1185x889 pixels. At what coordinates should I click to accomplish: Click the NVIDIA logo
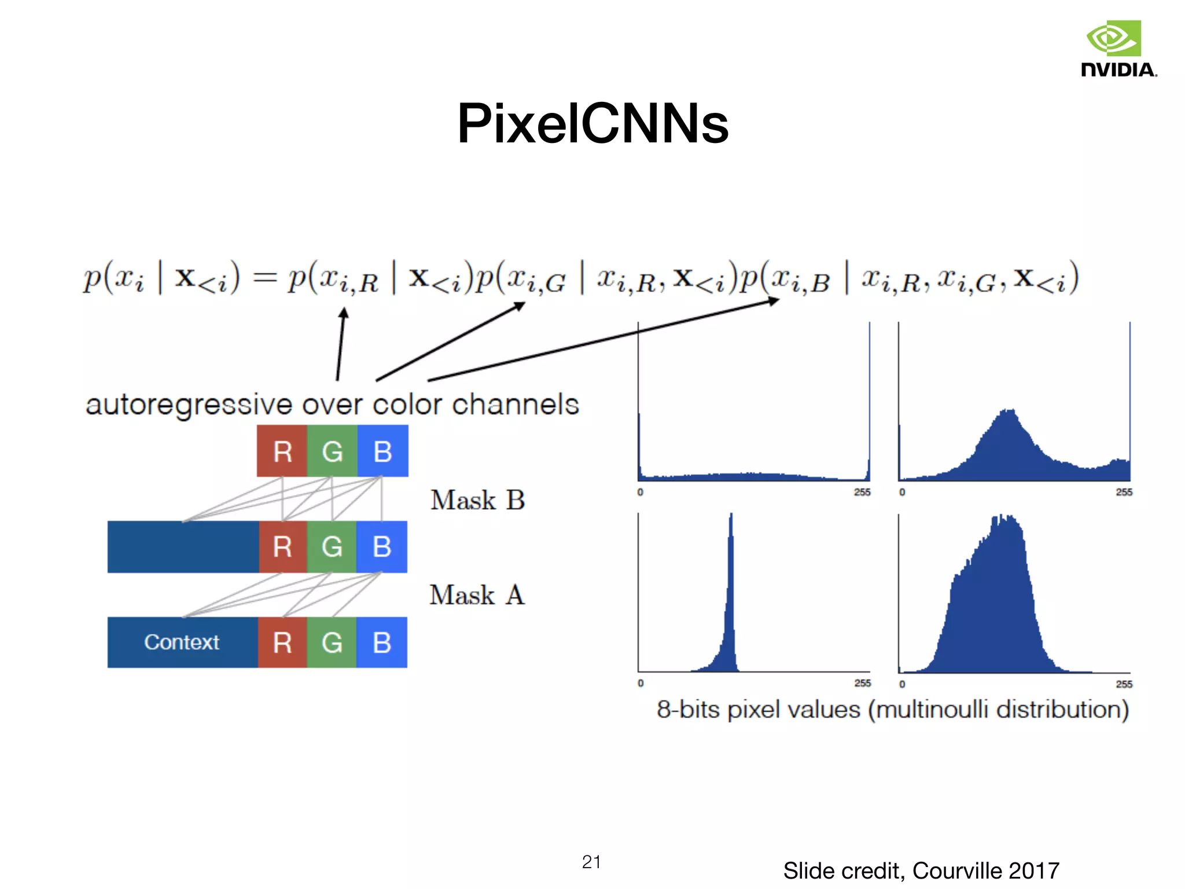tap(1118, 49)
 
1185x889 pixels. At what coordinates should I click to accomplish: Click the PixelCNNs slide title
tap(592, 123)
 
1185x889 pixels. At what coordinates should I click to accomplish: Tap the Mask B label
tap(477, 500)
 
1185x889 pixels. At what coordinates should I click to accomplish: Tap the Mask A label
tap(477, 595)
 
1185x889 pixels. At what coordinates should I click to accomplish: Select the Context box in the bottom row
tap(182, 642)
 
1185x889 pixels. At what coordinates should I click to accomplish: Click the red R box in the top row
tap(282, 451)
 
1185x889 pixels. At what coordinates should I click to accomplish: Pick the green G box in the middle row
tap(332, 547)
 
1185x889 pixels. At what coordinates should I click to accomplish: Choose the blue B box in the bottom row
tap(382, 642)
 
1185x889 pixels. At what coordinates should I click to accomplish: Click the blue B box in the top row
tap(382, 451)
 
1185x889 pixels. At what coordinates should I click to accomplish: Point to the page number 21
tap(591, 862)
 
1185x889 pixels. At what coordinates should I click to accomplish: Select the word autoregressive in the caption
tap(189, 405)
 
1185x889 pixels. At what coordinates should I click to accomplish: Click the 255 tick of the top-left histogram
tap(862, 492)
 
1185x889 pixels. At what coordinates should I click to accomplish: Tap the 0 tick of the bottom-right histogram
tap(902, 684)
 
